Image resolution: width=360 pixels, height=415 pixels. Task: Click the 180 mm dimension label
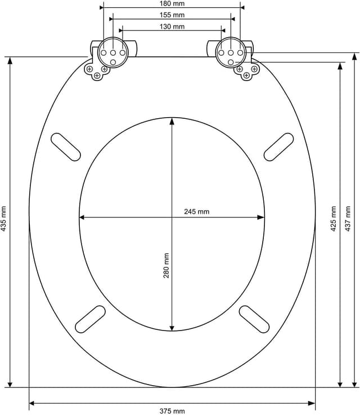(x=172, y=3)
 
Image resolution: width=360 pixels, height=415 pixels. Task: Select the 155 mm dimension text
(x=172, y=15)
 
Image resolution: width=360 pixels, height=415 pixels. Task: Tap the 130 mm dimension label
(x=172, y=26)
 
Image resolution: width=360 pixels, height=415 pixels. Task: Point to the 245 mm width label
(x=196, y=212)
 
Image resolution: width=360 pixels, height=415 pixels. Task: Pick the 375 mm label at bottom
(x=172, y=410)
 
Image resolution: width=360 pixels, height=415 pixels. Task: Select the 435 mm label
(x=4, y=218)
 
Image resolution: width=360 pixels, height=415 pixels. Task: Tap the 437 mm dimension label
(x=348, y=218)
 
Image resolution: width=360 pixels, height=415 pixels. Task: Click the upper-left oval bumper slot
(x=66, y=146)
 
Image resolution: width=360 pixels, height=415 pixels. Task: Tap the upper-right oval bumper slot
(x=279, y=146)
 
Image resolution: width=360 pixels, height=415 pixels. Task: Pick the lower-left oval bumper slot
(x=90, y=319)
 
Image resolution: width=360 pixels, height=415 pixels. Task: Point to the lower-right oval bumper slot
(x=254, y=319)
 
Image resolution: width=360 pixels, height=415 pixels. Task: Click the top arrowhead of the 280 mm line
(x=172, y=122)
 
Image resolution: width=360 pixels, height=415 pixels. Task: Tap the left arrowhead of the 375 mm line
(x=33, y=403)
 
